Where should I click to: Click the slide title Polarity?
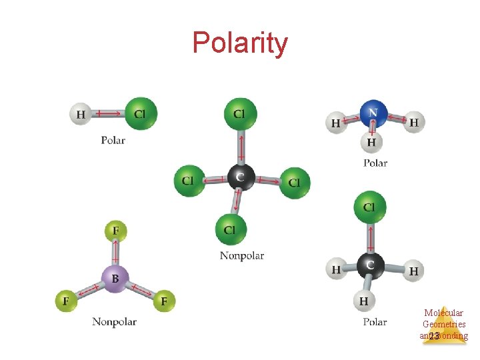(x=240, y=43)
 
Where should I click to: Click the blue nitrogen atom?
(x=373, y=113)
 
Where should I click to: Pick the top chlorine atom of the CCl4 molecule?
(x=239, y=114)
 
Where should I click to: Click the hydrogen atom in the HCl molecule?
(x=80, y=114)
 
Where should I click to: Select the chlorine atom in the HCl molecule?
(x=140, y=113)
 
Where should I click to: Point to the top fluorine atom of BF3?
(x=115, y=231)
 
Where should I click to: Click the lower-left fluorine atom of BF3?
(x=66, y=301)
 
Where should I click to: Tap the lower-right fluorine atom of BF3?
(x=163, y=301)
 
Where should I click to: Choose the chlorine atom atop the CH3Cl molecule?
(x=369, y=207)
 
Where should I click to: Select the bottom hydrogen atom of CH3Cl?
(x=363, y=301)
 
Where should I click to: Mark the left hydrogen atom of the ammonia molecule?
(x=335, y=123)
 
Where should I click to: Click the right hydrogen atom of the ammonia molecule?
(x=414, y=122)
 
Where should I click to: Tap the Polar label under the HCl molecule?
(x=113, y=141)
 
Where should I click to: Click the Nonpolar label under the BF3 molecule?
(x=114, y=322)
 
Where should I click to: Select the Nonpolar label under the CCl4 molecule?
(x=242, y=255)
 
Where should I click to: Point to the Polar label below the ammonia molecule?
(x=375, y=163)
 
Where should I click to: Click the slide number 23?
(x=434, y=337)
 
